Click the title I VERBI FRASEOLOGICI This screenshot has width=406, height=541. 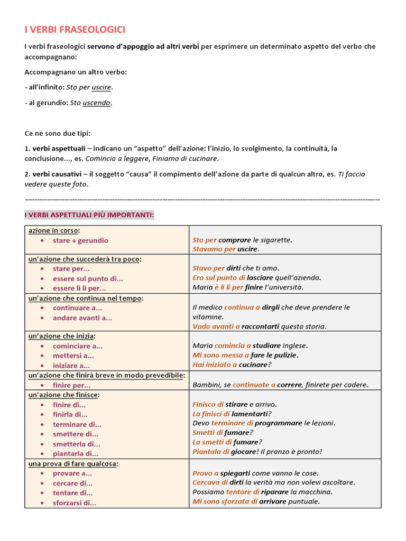click(x=75, y=30)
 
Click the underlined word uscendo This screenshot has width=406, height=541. click(x=97, y=103)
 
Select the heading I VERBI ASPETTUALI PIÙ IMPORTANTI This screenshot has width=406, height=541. click(x=89, y=215)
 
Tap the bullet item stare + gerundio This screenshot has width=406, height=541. click(x=80, y=240)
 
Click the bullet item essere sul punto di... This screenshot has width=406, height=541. click(x=88, y=278)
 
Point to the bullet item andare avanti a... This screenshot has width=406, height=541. click(x=82, y=318)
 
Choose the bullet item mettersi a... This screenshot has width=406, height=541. click(x=73, y=356)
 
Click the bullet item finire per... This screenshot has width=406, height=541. click(x=72, y=385)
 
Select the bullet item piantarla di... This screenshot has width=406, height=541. click(x=75, y=453)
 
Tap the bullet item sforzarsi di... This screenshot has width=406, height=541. click(x=75, y=503)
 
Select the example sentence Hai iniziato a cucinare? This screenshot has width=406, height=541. click(x=232, y=365)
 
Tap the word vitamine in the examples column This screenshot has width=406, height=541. click(x=208, y=317)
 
